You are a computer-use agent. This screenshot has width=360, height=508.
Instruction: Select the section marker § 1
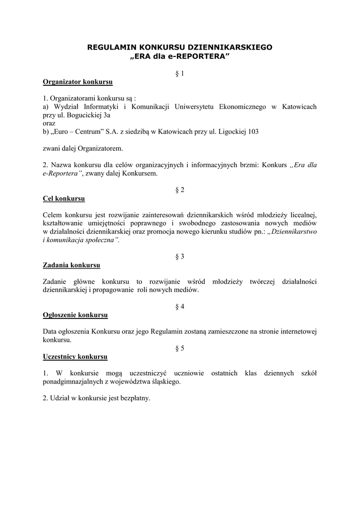click(x=180, y=73)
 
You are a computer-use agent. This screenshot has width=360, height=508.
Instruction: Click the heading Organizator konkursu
click(x=78, y=81)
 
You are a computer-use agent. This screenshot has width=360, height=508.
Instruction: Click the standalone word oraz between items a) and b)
click(x=50, y=123)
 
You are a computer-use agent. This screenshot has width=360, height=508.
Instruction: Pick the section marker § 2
click(x=180, y=190)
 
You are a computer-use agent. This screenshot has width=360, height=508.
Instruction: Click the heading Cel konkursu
click(x=64, y=198)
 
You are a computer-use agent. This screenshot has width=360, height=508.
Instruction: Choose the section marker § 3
click(x=180, y=256)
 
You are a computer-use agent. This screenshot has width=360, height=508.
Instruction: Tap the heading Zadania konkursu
click(x=72, y=265)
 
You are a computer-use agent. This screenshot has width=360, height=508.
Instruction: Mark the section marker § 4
click(x=180, y=307)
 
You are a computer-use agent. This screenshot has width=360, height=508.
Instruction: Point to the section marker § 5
click(x=180, y=348)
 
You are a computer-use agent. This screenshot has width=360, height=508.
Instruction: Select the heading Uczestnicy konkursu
click(x=75, y=356)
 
